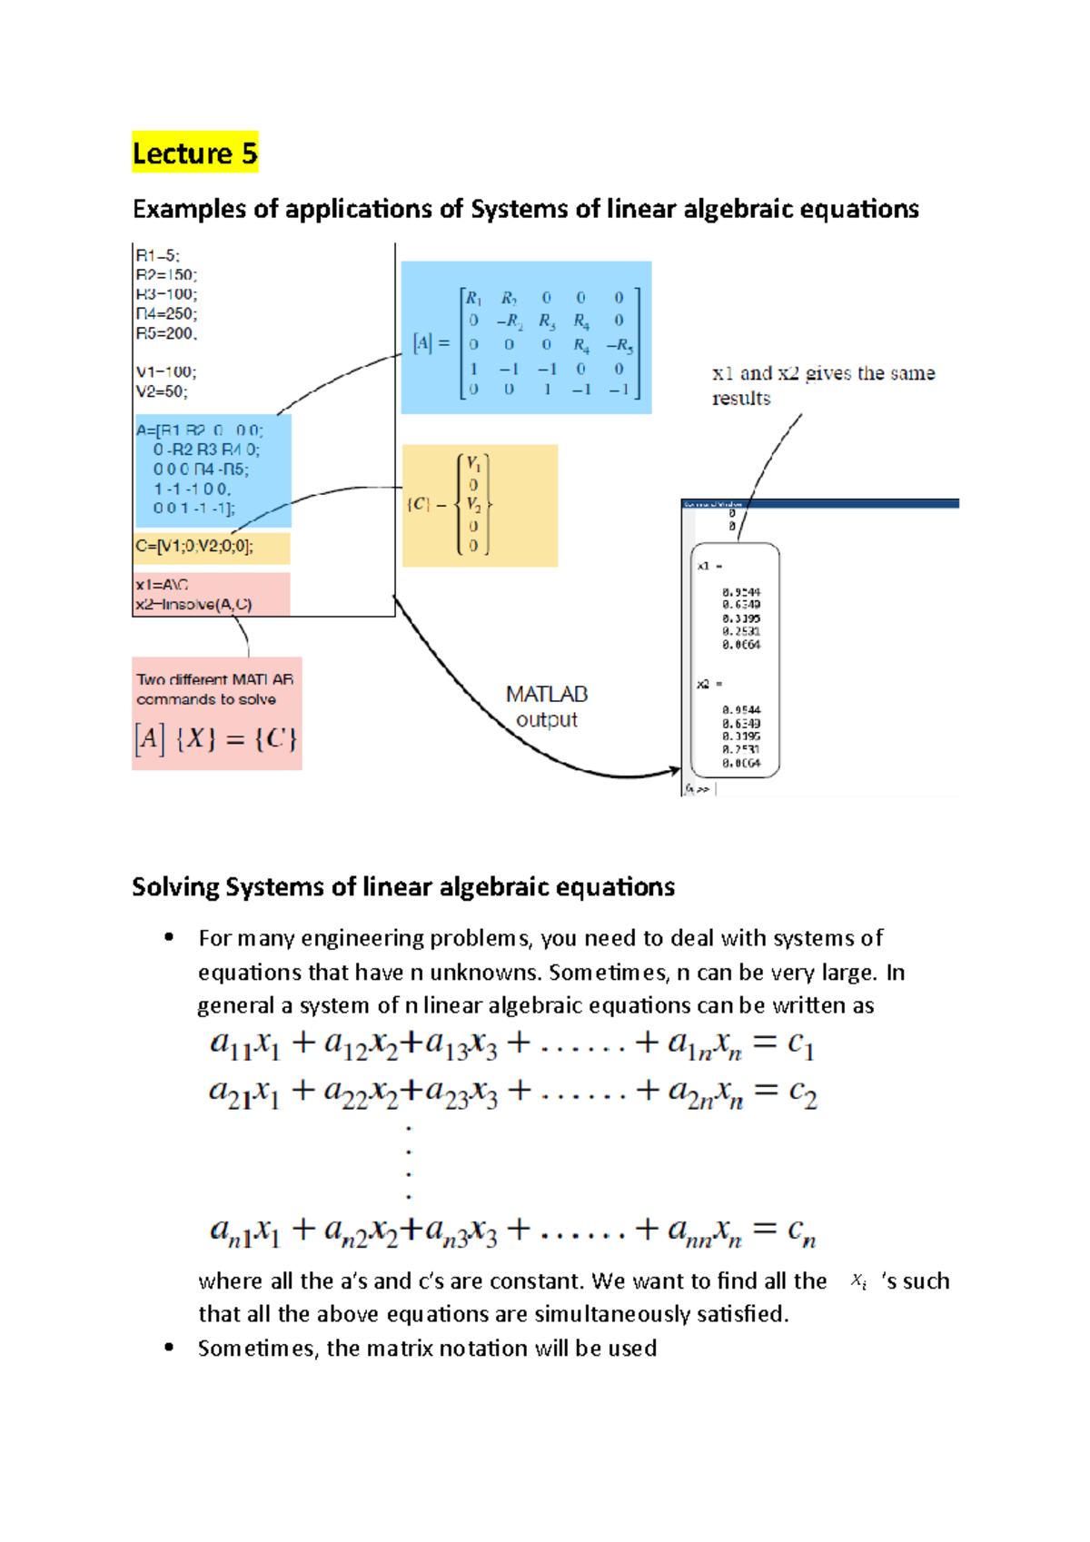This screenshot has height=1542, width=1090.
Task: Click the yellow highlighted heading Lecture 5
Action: [x=194, y=153]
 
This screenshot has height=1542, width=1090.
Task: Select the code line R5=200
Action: [x=166, y=333]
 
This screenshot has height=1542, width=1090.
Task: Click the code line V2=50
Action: [x=162, y=391]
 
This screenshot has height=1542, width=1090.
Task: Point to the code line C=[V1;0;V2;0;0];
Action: [x=194, y=546]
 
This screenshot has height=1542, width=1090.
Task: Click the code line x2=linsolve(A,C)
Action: [x=193, y=604]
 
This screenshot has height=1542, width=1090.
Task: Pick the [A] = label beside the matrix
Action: [x=431, y=343]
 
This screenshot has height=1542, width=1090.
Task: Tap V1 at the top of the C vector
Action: [x=473, y=463]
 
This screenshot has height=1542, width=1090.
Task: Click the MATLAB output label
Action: [x=547, y=707]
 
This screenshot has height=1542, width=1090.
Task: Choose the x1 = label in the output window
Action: [x=708, y=566]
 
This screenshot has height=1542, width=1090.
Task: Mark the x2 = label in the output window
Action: [x=708, y=684]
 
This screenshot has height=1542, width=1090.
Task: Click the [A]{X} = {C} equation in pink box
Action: [x=216, y=738]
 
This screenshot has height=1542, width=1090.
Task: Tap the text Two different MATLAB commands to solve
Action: [x=214, y=689]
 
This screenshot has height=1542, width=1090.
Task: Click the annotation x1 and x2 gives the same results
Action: [x=822, y=385]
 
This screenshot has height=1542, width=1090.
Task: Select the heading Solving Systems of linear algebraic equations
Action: [x=403, y=886]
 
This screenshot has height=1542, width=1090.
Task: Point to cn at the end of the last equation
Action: [x=802, y=1231]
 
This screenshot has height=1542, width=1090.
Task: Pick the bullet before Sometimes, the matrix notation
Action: [x=169, y=1348]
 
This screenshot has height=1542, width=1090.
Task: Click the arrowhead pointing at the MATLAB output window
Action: [x=675, y=771]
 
